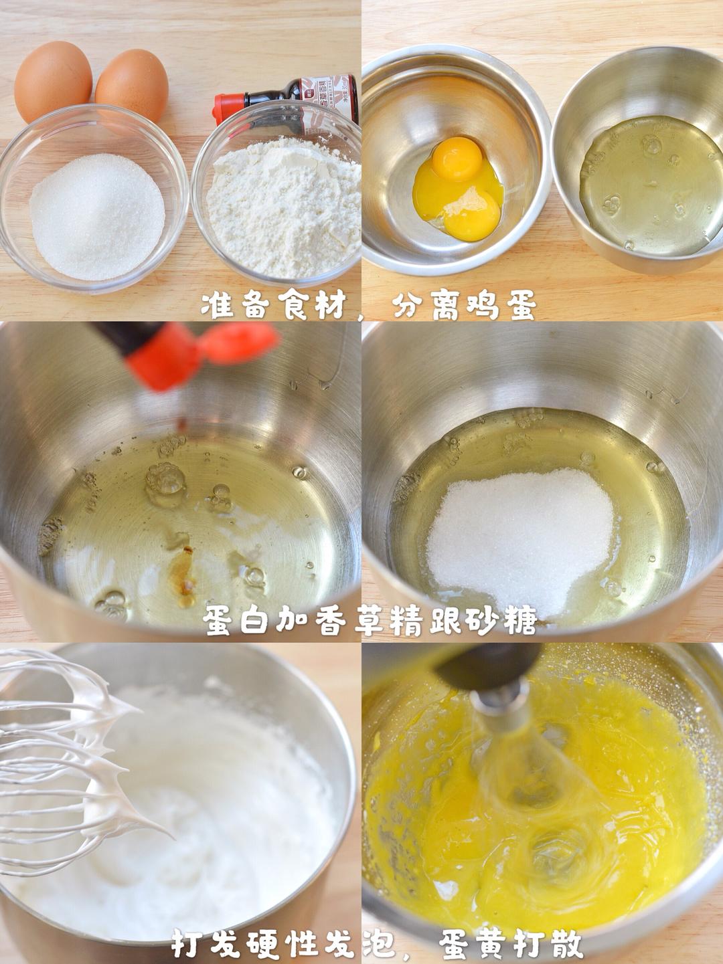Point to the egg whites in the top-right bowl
click(x=643, y=187)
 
